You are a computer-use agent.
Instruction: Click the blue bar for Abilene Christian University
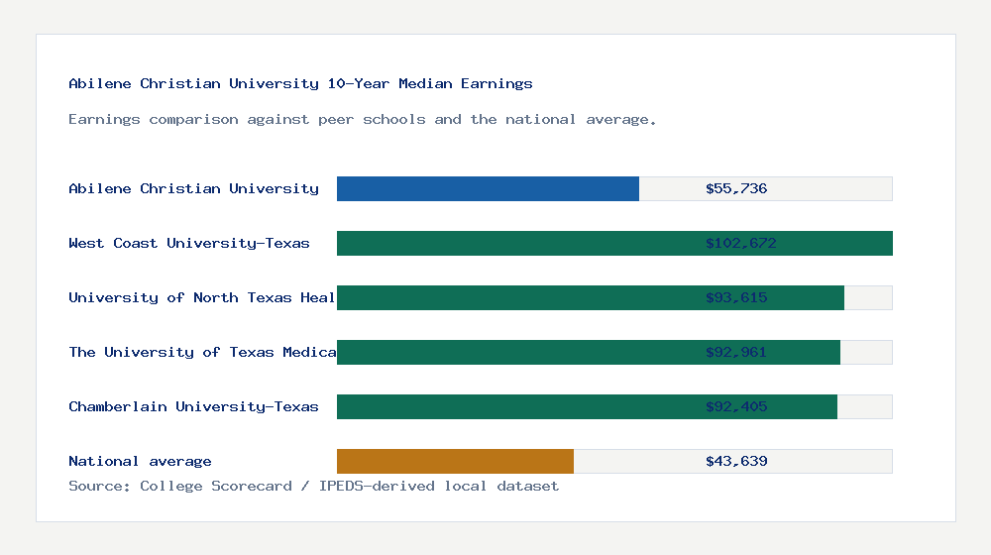(488, 188)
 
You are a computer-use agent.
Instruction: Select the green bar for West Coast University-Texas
(614, 243)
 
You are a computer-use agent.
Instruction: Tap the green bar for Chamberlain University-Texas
(587, 406)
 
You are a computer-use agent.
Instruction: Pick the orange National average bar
(455, 461)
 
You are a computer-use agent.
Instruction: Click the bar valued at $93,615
(590, 297)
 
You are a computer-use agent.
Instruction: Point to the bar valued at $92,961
(588, 352)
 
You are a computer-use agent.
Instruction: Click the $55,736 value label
(736, 188)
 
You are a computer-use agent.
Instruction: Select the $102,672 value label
(740, 243)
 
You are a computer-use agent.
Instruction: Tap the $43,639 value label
(736, 461)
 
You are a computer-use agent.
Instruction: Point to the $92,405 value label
(736, 406)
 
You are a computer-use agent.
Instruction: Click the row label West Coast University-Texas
(189, 243)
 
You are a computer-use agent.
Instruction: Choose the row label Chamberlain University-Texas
(193, 406)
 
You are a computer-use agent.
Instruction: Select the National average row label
(140, 461)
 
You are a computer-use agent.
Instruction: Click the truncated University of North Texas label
(202, 297)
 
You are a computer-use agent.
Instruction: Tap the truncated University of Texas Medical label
(202, 352)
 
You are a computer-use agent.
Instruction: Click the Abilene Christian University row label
(193, 188)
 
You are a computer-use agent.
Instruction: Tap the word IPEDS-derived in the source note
(368, 486)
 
